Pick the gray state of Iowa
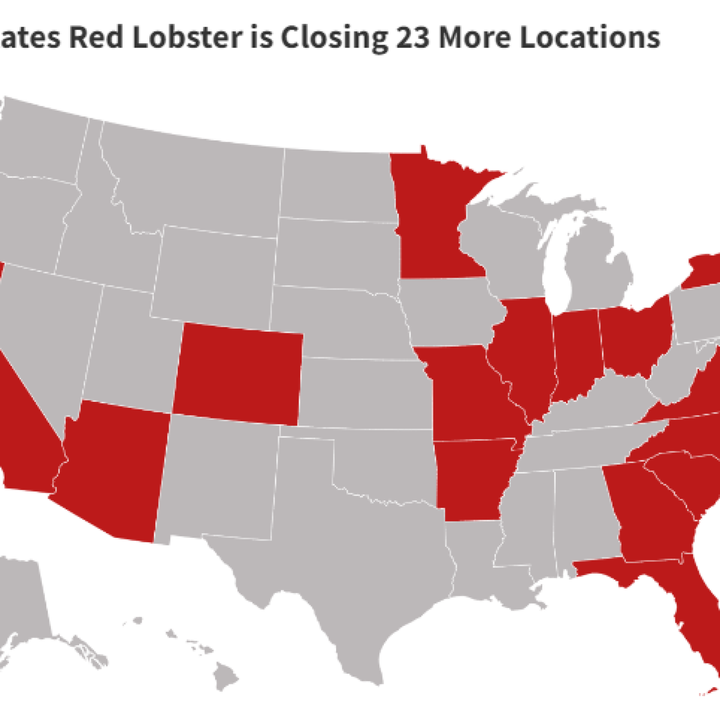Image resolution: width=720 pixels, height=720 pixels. pos(450,310)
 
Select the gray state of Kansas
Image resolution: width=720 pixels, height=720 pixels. pos(364,391)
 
